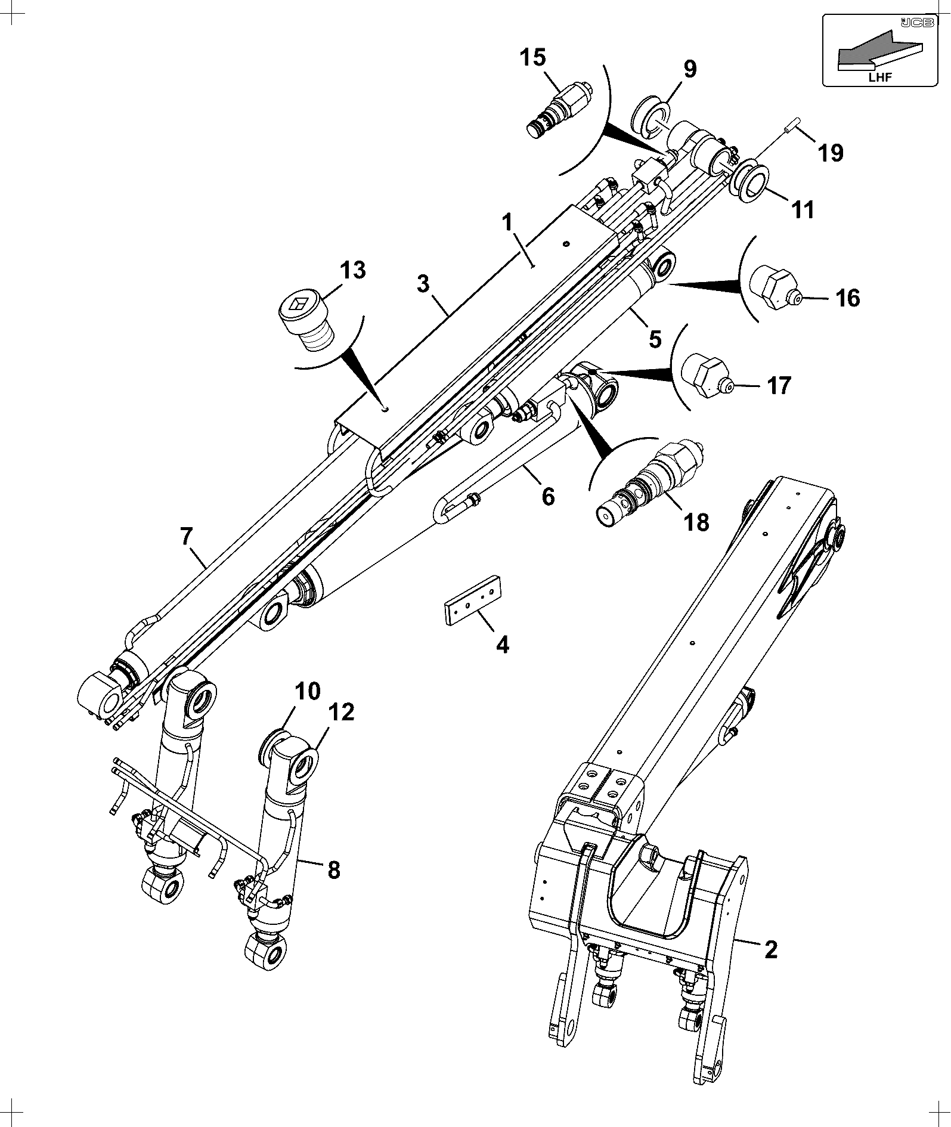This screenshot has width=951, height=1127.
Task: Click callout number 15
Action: click(532, 58)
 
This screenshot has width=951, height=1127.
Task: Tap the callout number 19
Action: click(831, 153)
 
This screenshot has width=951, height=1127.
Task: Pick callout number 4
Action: click(503, 645)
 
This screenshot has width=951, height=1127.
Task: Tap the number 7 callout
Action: click(186, 537)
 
